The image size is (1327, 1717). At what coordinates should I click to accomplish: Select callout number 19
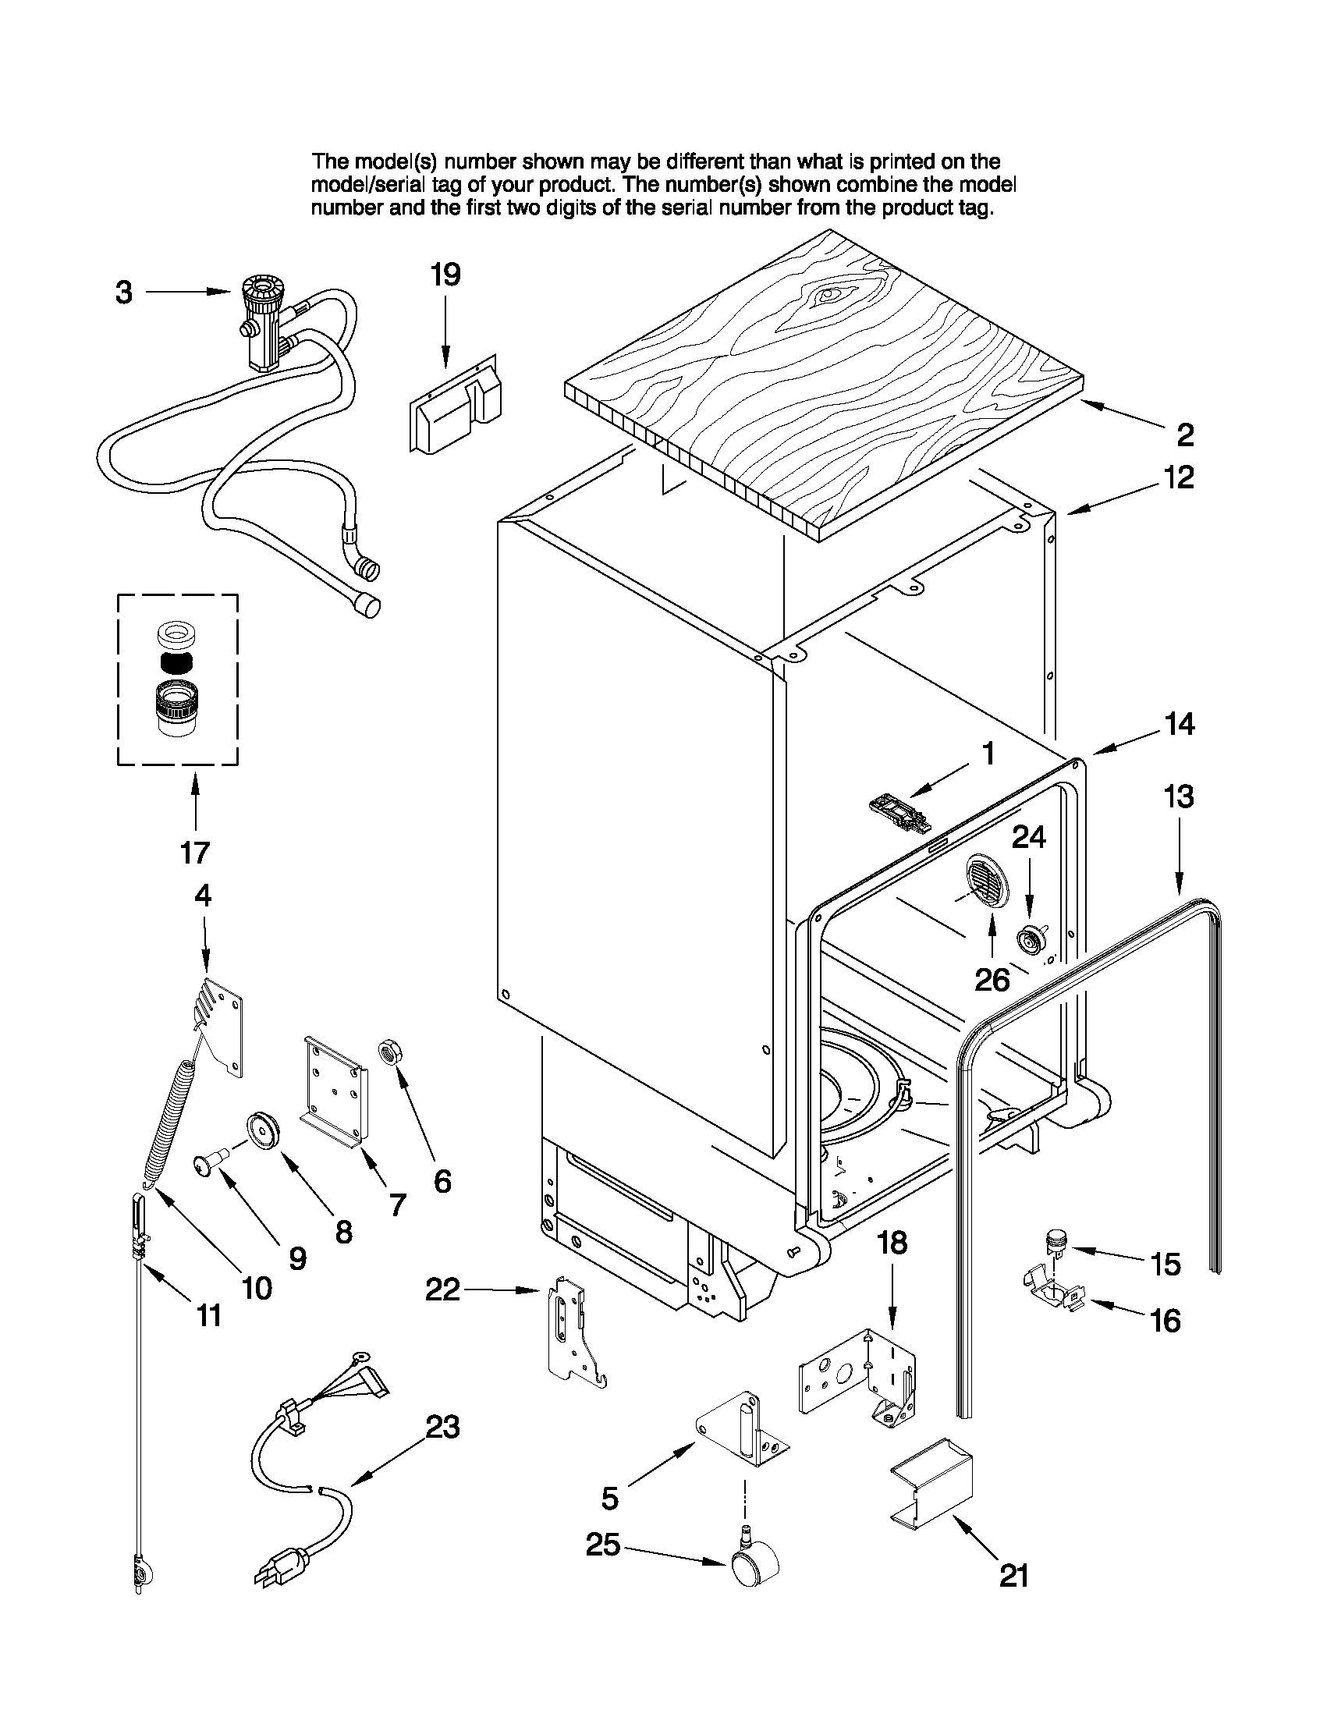[x=445, y=275]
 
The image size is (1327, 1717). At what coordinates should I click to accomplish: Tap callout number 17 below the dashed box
[x=194, y=852]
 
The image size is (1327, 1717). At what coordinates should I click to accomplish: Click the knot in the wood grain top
[x=830, y=296]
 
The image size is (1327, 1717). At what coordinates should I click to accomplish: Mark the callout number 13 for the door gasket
[x=1179, y=796]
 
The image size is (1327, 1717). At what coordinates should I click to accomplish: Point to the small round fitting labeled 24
[x=1029, y=938]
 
